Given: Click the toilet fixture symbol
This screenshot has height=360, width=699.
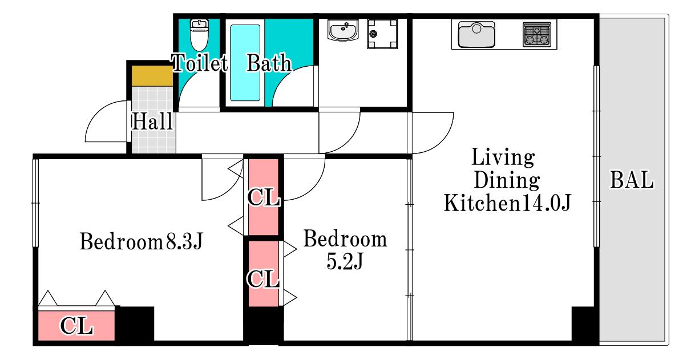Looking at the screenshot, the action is pyautogui.click(x=199, y=35).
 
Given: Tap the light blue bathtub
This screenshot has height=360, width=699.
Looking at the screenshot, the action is pyautogui.click(x=245, y=63).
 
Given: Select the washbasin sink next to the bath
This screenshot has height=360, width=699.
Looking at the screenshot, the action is pyautogui.click(x=343, y=30).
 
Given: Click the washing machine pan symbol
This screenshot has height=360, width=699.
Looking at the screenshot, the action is pyautogui.click(x=382, y=34).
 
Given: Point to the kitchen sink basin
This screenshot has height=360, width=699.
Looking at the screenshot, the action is pyautogui.click(x=476, y=35).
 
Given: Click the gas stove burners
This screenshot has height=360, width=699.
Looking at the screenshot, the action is pyautogui.click(x=537, y=35).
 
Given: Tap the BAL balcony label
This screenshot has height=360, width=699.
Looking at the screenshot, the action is pyautogui.click(x=632, y=180).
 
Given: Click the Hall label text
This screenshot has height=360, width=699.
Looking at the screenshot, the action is pyautogui.click(x=152, y=121).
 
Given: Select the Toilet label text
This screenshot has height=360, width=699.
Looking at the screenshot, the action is pyautogui.click(x=199, y=63).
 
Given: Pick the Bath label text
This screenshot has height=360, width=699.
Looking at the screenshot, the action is pyautogui.click(x=269, y=63).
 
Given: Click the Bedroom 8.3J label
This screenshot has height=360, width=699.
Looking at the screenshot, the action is pyautogui.click(x=142, y=241).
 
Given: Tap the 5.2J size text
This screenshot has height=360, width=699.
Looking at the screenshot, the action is pyautogui.click(x=345, y=261).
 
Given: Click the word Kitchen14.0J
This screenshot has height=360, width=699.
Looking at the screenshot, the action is pyautogui.click(x=507, y=203).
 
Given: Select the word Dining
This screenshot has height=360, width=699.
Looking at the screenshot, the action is pyautogui.click(x=507, y=180).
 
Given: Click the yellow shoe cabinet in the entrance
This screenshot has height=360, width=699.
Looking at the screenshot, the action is pyautogui.click(x=152, y=76).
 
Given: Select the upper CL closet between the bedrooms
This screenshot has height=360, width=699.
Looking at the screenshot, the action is pyautogui.click(x=264, y=197).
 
